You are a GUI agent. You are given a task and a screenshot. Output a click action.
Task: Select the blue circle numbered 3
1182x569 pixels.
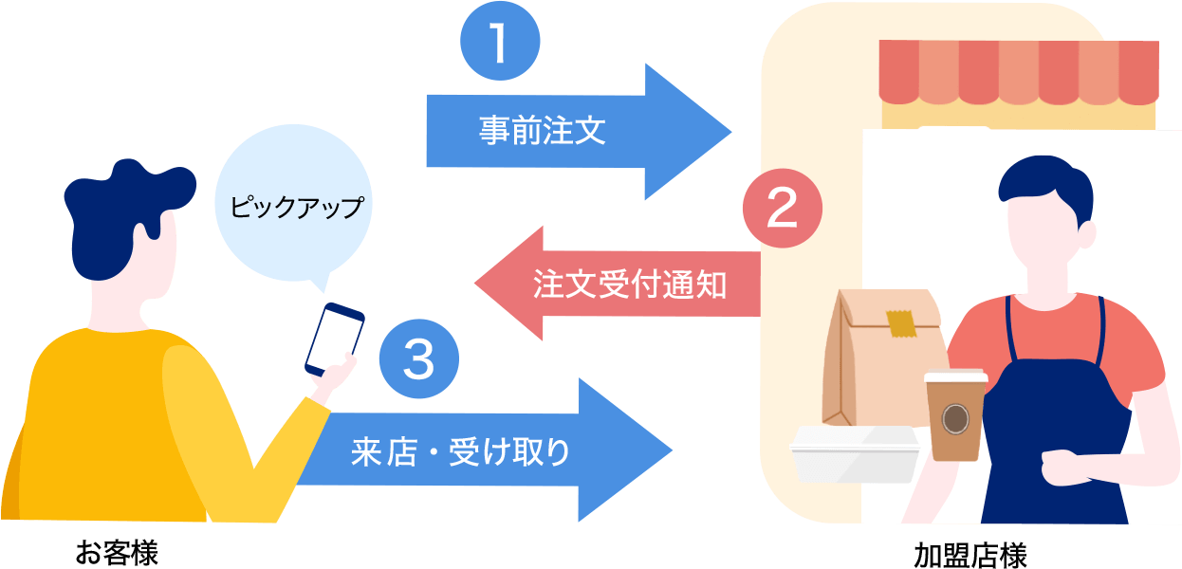pos(418,358)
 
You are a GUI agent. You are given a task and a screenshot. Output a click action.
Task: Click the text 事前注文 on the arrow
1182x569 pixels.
pos(542,131)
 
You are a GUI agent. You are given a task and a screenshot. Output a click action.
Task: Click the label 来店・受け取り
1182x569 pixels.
pos(461,451)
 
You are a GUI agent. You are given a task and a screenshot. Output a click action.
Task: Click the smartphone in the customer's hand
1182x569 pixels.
pos(335,339)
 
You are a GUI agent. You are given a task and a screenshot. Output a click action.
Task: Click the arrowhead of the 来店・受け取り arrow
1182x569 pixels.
pos(636,450)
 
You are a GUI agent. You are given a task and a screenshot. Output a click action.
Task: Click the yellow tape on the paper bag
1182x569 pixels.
pos(900,323)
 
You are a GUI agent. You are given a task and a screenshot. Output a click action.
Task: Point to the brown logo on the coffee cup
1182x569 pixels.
pos(954,418)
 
